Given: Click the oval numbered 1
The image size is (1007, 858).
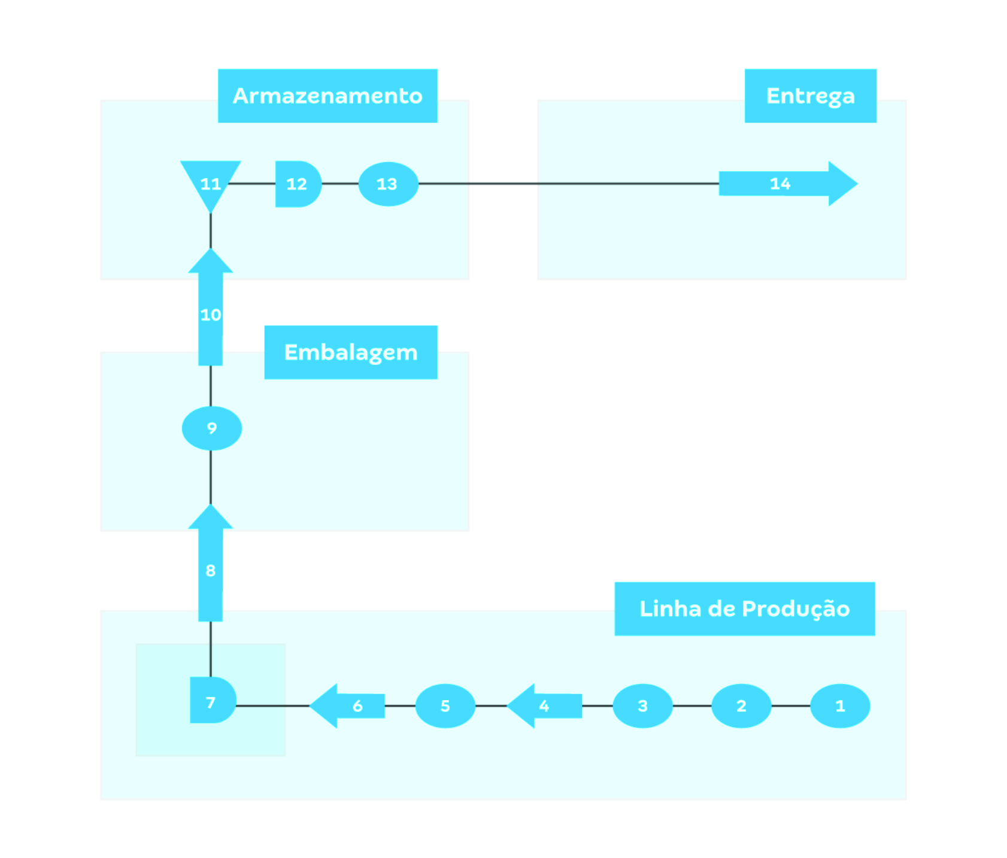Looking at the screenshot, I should [x=839, y=705].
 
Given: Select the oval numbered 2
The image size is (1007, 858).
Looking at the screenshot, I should [x=741, y=705].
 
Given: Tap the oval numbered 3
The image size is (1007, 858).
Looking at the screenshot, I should [x=642, y=705].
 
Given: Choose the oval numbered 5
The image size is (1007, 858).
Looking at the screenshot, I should [x=445, y=705].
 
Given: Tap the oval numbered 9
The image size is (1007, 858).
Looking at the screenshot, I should [x=211, y=428].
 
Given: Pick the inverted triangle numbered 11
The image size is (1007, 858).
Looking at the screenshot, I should [x=210, y=179].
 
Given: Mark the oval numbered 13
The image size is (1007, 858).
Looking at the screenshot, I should [x=387, y=184].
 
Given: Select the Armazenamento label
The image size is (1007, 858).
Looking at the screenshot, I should [x=327, y=96].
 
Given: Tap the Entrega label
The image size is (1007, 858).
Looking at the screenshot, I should [x=810, y=96].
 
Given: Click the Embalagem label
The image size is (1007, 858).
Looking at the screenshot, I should [x=350, y=352].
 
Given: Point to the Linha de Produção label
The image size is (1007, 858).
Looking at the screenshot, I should [x=744, y=608].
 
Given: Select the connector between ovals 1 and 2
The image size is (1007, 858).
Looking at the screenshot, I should [x=790, y=705].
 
